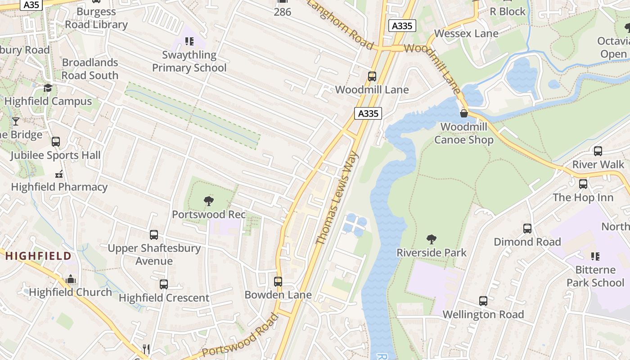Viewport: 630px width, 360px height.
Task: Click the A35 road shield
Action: click(31, 4)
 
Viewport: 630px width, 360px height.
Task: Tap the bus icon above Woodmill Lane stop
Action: click(372, 76)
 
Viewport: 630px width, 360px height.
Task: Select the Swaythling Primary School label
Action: click(189, 61)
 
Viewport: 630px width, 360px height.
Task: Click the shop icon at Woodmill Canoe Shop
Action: click(463, 113)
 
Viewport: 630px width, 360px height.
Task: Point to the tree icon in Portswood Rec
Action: click(209, 201)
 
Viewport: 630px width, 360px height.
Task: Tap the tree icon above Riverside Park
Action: click(432, 239)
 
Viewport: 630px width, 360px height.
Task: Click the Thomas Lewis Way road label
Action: click(337, 198)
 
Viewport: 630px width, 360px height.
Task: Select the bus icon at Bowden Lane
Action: click(278, 282)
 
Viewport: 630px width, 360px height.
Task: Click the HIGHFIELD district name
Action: click(38, 256)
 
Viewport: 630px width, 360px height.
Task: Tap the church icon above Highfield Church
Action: click(71, 279)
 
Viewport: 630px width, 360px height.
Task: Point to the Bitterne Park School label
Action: click(595, 276)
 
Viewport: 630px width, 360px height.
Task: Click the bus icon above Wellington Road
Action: click(483, 301)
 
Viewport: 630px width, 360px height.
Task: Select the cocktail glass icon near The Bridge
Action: click(16, 121)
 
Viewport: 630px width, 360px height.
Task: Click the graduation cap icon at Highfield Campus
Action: click(48, 88)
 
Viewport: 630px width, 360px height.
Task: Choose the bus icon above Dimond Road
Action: click(527, 228)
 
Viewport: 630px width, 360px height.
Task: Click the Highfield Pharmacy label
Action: click(59, 187)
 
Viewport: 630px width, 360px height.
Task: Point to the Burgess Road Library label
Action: click(96, 18)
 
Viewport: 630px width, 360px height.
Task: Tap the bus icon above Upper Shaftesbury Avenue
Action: click(154, 234)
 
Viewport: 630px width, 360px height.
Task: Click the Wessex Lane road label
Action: click(466, 33)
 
